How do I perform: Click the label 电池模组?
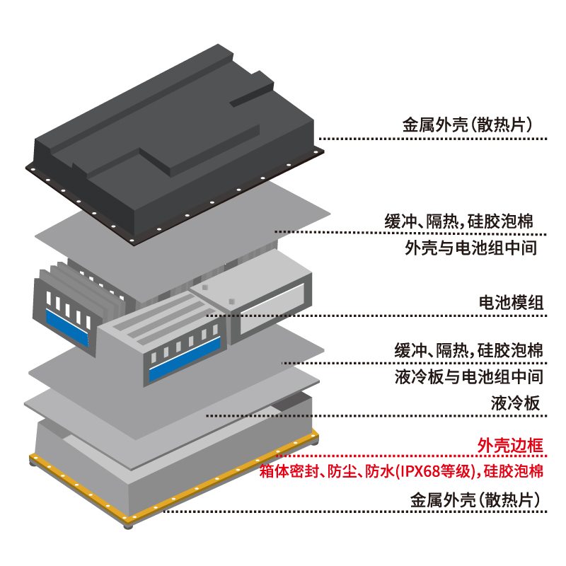[511, 303]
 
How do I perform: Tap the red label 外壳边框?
[510, 445]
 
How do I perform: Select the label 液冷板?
[515, 403]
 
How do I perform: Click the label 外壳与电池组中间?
[470, 248]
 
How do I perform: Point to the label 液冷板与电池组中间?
[469, 376]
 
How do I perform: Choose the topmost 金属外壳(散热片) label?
[468, 125]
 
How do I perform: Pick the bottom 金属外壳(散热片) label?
[475, 500]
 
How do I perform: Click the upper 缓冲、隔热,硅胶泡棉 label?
[458, 221]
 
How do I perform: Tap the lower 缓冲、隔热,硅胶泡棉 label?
[468, 350]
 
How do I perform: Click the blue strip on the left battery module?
[67, 327]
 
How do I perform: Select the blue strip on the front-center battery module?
[185, 359]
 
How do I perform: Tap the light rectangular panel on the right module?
[272, 308]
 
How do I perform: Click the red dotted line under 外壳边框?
[412, 456]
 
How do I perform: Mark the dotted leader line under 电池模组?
[376, 316]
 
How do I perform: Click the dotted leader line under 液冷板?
[376, 416]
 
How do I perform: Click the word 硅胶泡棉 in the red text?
[514, 471]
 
